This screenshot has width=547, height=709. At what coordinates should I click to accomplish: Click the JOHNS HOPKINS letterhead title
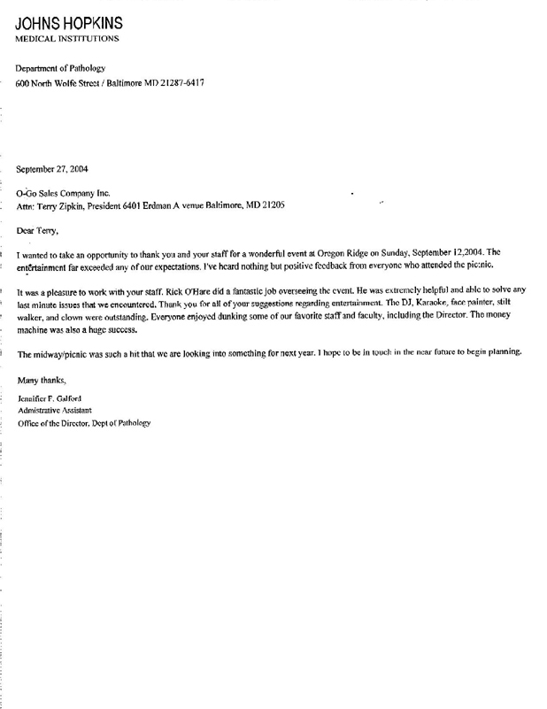[68, 23]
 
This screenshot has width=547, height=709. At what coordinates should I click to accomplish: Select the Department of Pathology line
[60, 68]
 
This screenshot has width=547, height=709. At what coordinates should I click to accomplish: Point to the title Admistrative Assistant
[58, 411]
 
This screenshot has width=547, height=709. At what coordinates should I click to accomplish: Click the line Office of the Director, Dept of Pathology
[84, 423]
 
